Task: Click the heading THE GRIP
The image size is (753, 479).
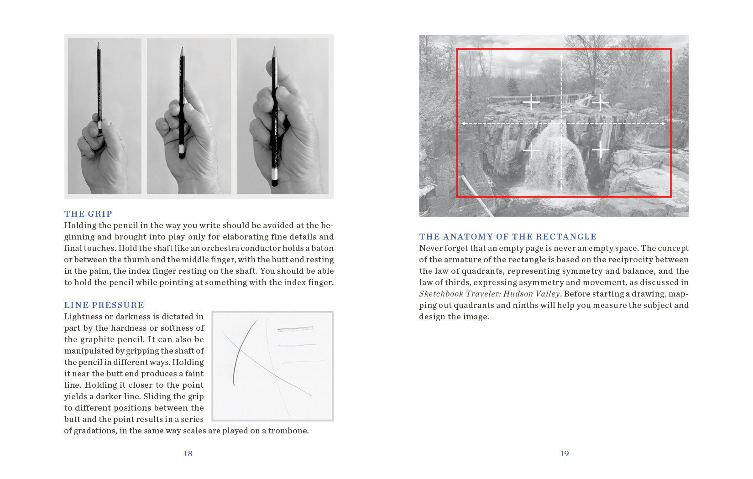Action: click(88, 214)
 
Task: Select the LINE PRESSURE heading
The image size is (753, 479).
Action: click(104, 305)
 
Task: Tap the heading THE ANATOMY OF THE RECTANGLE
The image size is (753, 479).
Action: click(507, 237)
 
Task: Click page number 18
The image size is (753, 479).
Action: click(188, 453)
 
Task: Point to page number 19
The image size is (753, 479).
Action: click(565, 453)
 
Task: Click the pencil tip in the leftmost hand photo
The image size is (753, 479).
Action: click(98, 44)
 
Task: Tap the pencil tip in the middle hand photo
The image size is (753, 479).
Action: click(182, 48)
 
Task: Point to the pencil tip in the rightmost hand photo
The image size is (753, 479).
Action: click(275, 47)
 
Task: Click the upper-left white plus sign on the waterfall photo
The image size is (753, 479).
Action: click(531, 102)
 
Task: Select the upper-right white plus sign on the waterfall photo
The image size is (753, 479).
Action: click(601, 102)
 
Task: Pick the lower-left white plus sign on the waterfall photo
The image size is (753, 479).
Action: click(531, 150)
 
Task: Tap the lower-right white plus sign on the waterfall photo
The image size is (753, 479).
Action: click(601, 149)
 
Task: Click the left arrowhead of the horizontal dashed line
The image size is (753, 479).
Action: click(463, 123)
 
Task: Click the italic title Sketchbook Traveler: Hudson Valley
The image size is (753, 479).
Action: click(489, 294)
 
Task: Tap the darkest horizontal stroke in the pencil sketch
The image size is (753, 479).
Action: click(295, 328)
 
